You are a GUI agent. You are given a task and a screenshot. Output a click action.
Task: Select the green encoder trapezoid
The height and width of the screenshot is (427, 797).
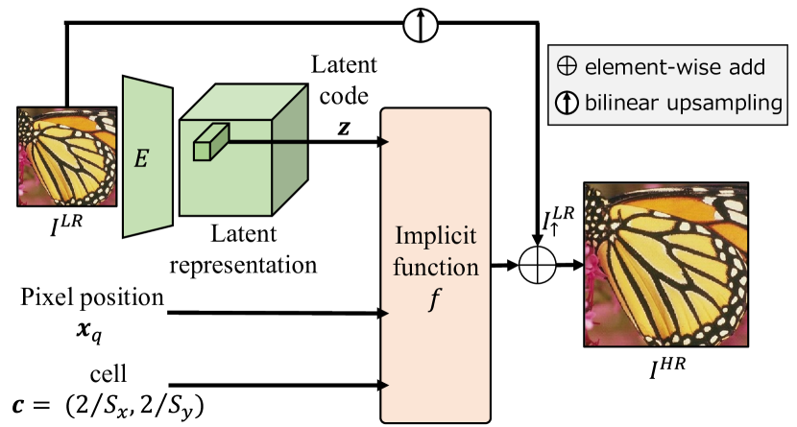click(147, 157)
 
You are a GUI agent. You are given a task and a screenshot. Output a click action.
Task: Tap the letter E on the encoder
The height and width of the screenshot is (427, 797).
click(141, 159)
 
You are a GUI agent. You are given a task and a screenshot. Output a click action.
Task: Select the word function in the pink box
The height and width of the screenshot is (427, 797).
click(435, 267)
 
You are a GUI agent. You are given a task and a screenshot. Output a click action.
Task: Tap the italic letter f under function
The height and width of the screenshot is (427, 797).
click(435, 298)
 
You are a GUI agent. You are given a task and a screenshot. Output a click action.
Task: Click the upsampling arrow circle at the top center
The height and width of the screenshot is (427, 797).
click(420, 25)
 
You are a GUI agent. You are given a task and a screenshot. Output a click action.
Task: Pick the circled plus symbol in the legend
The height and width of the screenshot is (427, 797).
click(568, 67)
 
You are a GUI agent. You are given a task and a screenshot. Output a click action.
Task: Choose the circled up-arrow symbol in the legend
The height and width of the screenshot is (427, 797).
click(568, 103)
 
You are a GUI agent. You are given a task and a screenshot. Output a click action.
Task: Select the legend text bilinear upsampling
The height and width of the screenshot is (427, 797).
click(683, 103)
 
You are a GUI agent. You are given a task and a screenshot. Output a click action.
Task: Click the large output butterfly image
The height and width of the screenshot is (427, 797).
click(665, 265)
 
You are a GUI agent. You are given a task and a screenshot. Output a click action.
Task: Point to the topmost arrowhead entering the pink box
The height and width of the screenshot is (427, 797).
click(385, 142)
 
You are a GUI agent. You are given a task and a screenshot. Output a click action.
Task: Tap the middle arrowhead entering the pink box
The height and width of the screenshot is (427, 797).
click(385, 314)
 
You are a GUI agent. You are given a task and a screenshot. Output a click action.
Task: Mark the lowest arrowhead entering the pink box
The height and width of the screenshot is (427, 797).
click(385, 386)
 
